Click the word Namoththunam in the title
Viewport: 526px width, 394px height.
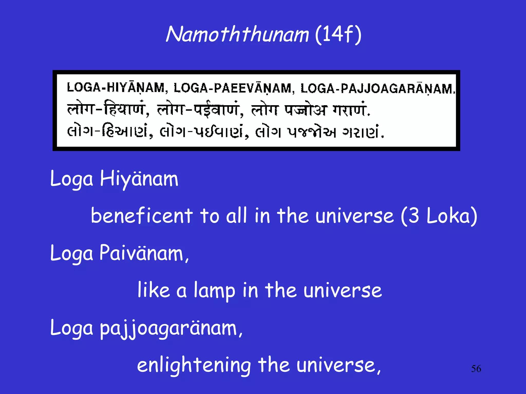[x=237, y=34]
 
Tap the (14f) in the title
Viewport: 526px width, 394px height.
[x=338, y=35]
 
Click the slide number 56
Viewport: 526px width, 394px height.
[x=476, y=369]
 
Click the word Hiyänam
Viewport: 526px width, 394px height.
[x=139, y=179]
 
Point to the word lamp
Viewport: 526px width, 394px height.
[x=214, y=291]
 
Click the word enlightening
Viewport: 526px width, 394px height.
[x=194, y=365]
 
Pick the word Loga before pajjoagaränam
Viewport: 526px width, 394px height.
[x=72, y=328]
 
